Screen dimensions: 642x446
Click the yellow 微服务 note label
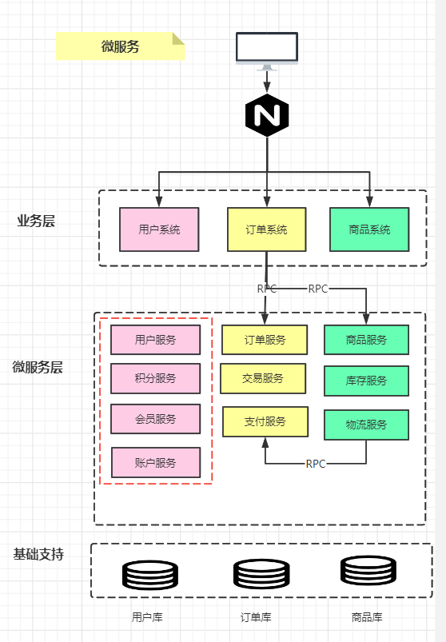tap(120, 46)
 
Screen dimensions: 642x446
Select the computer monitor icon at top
tap(267, 49)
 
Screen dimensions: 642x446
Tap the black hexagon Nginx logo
tap(267, 116)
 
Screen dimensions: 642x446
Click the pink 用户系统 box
tap(159, 229)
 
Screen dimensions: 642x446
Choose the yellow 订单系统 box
tap(266, 229)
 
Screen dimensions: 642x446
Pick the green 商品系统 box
tap(369, 229)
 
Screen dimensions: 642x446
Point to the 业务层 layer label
tap(36, 221)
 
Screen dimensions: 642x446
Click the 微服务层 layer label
tap(37, 367)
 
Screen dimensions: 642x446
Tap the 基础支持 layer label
tap(38, 554)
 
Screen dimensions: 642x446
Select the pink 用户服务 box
tap(155, 340)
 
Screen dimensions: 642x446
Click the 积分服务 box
tap(155, 378)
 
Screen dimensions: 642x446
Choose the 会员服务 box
tap(155, 418)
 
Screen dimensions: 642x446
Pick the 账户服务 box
tap(155, 462)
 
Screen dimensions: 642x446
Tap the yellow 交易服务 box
tap(263, 378)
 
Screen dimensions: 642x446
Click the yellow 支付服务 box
tap(265, 421)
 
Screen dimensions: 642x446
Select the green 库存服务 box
tap(366, 381)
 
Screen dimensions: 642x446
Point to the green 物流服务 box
tap(366, 425)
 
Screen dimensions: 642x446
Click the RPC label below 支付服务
tap(316, 464)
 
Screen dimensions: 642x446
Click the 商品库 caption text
tap(367, 617)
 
